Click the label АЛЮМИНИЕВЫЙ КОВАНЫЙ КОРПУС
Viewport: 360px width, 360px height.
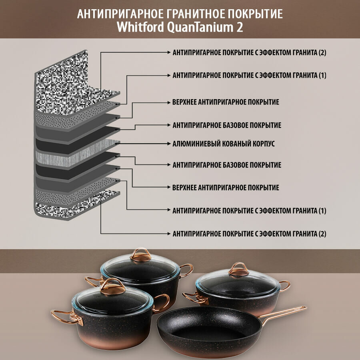224,143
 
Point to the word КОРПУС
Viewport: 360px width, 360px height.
263,143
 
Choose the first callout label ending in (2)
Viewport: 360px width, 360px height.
249,53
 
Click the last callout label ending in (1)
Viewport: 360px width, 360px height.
249,210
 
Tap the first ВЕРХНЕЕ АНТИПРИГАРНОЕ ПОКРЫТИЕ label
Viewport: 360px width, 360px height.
226,102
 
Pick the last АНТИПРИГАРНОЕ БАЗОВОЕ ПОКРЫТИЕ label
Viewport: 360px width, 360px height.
227,165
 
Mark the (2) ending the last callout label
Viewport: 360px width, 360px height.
322,234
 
